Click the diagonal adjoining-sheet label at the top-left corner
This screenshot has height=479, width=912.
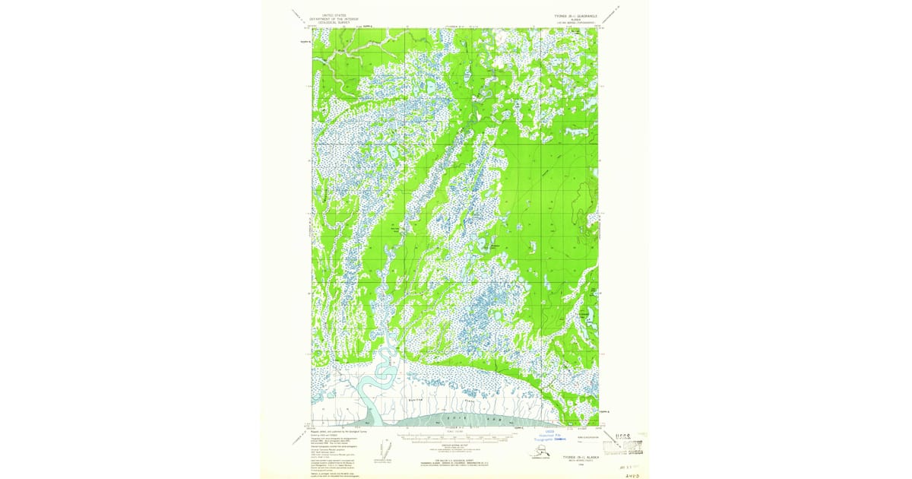298,17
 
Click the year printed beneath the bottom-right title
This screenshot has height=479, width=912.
581,466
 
